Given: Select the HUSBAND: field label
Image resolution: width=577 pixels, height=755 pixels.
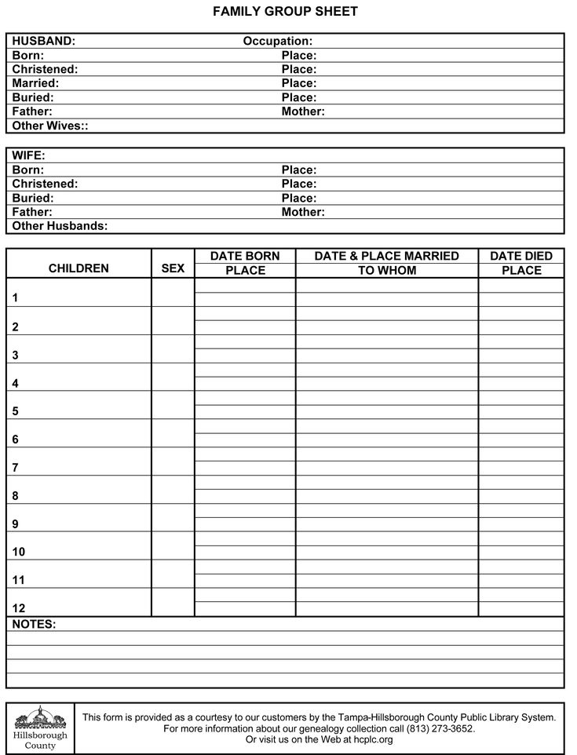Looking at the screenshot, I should coord(44,41).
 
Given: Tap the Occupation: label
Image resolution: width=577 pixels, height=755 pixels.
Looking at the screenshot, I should coord(278,41).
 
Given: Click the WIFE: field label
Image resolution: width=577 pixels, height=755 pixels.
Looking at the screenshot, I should coord(29,155).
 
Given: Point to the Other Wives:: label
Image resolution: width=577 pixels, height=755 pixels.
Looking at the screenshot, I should coord(50,126).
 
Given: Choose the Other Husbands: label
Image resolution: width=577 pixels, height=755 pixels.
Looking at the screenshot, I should coord(60,226).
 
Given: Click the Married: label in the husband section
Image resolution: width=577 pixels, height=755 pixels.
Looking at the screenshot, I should coord(35,83).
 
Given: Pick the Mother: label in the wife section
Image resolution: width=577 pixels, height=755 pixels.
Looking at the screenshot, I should coord(303,212).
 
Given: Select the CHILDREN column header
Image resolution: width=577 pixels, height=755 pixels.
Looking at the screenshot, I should coord(79,268).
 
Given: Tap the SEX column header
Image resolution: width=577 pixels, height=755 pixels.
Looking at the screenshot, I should coord(173,268).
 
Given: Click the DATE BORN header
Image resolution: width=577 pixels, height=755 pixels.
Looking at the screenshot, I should coord(245,256).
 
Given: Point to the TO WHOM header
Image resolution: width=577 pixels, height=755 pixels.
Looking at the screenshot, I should coord(387,271).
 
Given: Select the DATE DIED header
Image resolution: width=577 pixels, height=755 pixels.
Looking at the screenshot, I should coord(521,256).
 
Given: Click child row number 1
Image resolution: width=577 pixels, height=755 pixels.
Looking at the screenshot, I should coord(15,298).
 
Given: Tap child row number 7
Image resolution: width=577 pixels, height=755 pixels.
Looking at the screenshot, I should coord(15,468).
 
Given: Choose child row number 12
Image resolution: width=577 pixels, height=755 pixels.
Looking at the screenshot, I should coord(18,608).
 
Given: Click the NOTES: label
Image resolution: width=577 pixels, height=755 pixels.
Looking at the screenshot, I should coord(35,625).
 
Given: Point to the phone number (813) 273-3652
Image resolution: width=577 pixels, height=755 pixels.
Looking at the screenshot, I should coord(440,728).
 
